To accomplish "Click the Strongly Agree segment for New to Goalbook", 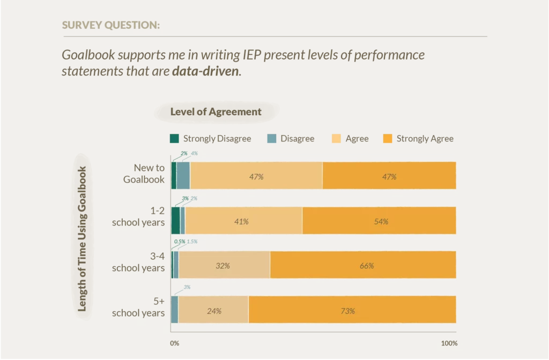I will click(389, 176).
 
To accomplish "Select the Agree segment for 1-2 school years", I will click(243, 220).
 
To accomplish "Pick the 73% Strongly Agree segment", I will click(352, 310).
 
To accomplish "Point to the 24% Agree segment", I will click(213, 310).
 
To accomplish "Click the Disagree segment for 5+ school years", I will click(174, 310).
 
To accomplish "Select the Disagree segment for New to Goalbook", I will click(183, 176).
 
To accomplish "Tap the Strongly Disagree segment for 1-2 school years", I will click(175, 220).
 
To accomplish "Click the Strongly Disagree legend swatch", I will click(174, 139).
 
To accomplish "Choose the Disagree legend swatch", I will click(272, 139).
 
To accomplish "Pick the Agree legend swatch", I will click(337, 139).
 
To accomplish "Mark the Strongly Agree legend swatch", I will click(388, 139).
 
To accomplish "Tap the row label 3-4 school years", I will click(138, 262).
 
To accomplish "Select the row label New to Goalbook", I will click(144, 174).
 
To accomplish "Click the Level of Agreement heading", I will click(216, 112).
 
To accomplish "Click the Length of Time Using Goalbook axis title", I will click(82, 238).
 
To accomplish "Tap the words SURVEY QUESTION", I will click(110, 25).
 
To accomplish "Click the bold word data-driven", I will click(206, 71).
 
